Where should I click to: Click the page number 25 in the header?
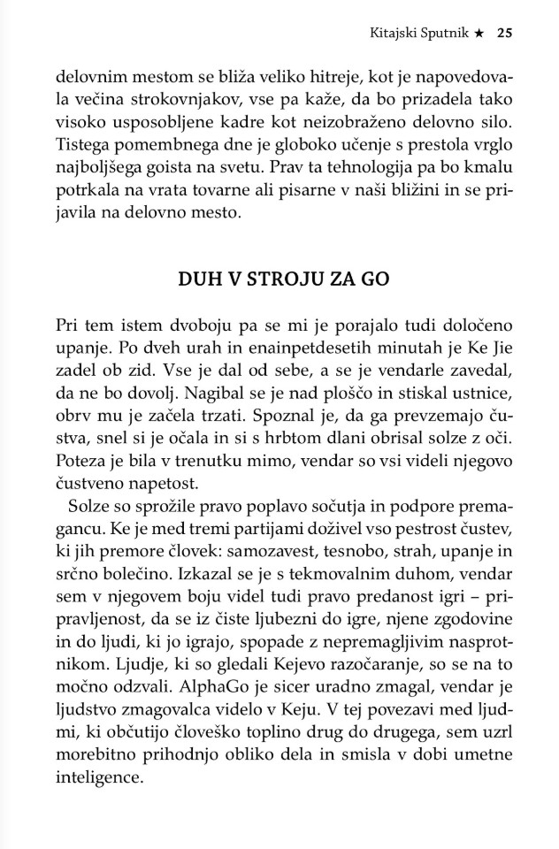pos(505,34)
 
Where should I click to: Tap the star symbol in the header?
pos(479,34)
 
